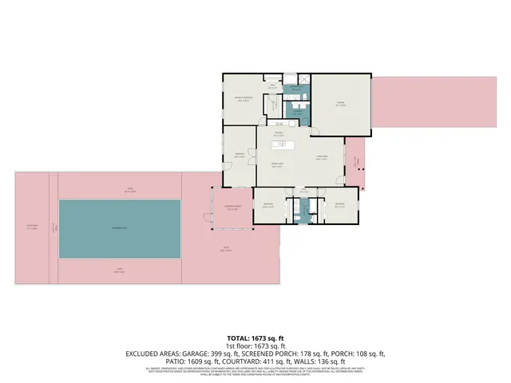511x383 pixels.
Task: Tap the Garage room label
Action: click(x=341, y=102)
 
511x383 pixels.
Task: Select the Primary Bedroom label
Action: click(x=243, y=100)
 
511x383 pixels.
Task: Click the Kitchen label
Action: click(x=279, y=135)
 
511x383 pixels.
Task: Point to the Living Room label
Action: click(x=322, y=158)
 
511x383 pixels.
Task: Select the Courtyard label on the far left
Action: click(x=32, y=227)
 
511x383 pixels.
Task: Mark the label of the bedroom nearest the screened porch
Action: click(x=269, y=205)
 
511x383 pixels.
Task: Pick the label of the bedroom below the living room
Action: click(x=340, y=205)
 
